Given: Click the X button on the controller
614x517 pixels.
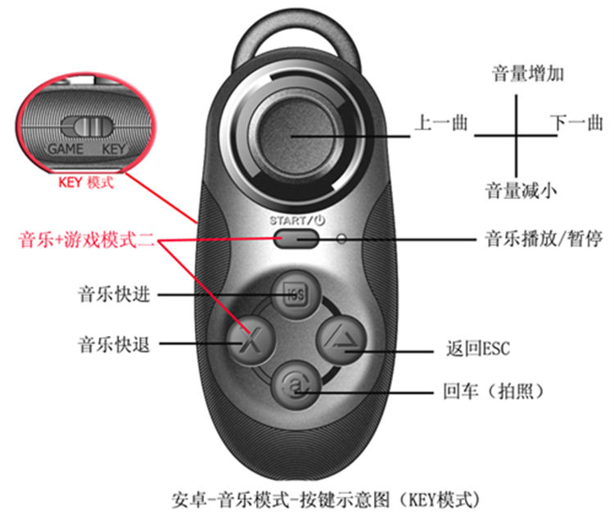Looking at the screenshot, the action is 251,340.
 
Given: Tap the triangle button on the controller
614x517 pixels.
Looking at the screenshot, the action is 341,340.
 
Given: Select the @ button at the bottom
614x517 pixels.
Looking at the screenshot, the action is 296,385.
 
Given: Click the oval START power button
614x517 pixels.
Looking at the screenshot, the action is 296,238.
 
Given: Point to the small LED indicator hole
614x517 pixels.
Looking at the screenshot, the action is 342,238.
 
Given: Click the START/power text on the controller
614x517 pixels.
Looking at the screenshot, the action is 297,220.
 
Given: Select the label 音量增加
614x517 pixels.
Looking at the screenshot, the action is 527,74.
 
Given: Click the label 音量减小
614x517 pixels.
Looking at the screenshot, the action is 521,190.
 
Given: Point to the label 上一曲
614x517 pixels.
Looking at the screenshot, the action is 442,123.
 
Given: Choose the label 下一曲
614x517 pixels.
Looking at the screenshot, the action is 576,123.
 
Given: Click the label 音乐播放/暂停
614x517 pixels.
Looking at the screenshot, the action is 544,238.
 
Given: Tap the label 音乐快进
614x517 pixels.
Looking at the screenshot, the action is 115,294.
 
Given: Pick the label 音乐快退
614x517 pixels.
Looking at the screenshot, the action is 115,344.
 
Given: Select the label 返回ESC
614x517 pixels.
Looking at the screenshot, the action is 478,348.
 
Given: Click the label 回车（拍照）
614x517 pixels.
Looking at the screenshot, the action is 494,390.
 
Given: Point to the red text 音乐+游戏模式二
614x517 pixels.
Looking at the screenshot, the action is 87,239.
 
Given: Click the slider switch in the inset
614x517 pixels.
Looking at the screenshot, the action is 87,126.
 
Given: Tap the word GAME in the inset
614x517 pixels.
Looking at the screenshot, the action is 65,149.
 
